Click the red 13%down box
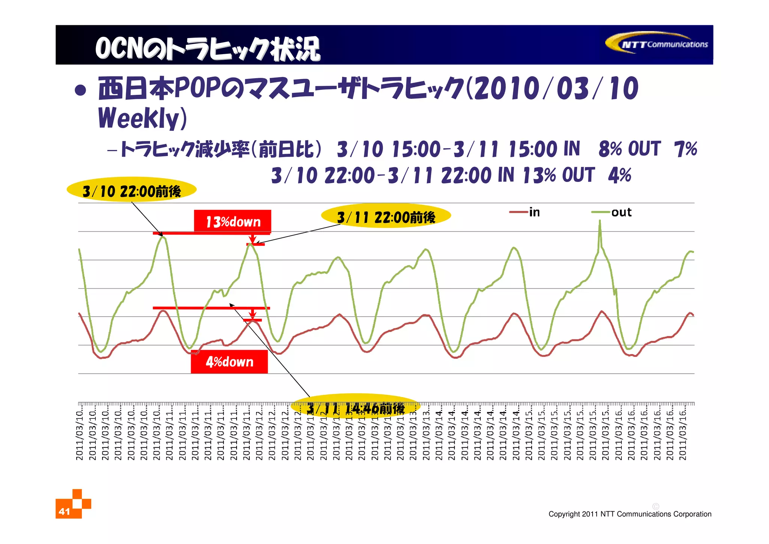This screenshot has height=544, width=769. [232, 221]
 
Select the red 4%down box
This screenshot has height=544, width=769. [229, 362]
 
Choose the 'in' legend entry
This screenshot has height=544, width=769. [525, 212]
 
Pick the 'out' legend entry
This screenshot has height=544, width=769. [612, 212]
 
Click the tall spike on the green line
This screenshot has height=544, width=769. [600, 224]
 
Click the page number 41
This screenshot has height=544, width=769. [64, 511]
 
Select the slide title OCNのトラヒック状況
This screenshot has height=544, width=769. [207, 48]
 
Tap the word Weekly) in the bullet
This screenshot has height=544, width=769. [142, 118]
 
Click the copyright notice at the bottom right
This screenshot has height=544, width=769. [630, 514]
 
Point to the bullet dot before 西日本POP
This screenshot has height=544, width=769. [80, 90]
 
